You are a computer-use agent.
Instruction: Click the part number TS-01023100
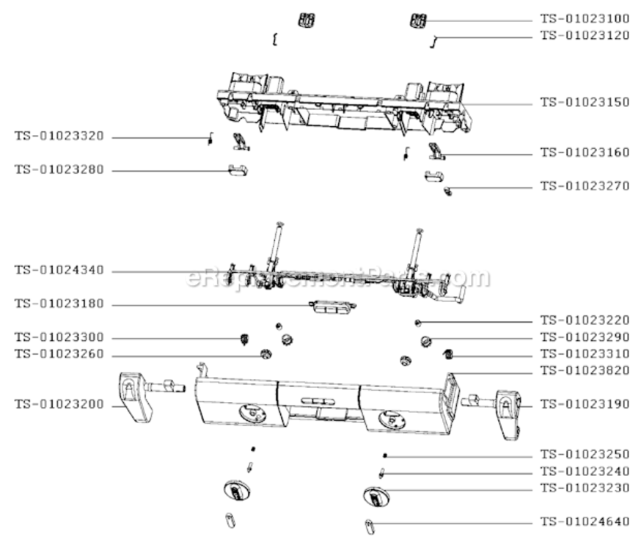(585, 20)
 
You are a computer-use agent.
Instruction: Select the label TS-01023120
(585, 35)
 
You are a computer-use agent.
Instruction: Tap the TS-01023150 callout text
(585, 103)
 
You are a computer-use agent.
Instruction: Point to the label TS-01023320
(59, 136)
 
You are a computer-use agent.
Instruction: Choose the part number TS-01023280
(59, 169)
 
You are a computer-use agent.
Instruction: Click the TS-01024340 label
(59, 271)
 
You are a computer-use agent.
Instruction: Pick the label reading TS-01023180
(59, 304)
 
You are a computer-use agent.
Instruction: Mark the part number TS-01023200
(59, 404)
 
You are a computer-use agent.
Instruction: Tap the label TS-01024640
(585, 522)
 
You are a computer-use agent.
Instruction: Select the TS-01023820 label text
(585, 370)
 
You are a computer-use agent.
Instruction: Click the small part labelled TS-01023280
(236, 171)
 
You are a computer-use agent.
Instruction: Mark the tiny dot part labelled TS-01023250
(384, 455)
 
